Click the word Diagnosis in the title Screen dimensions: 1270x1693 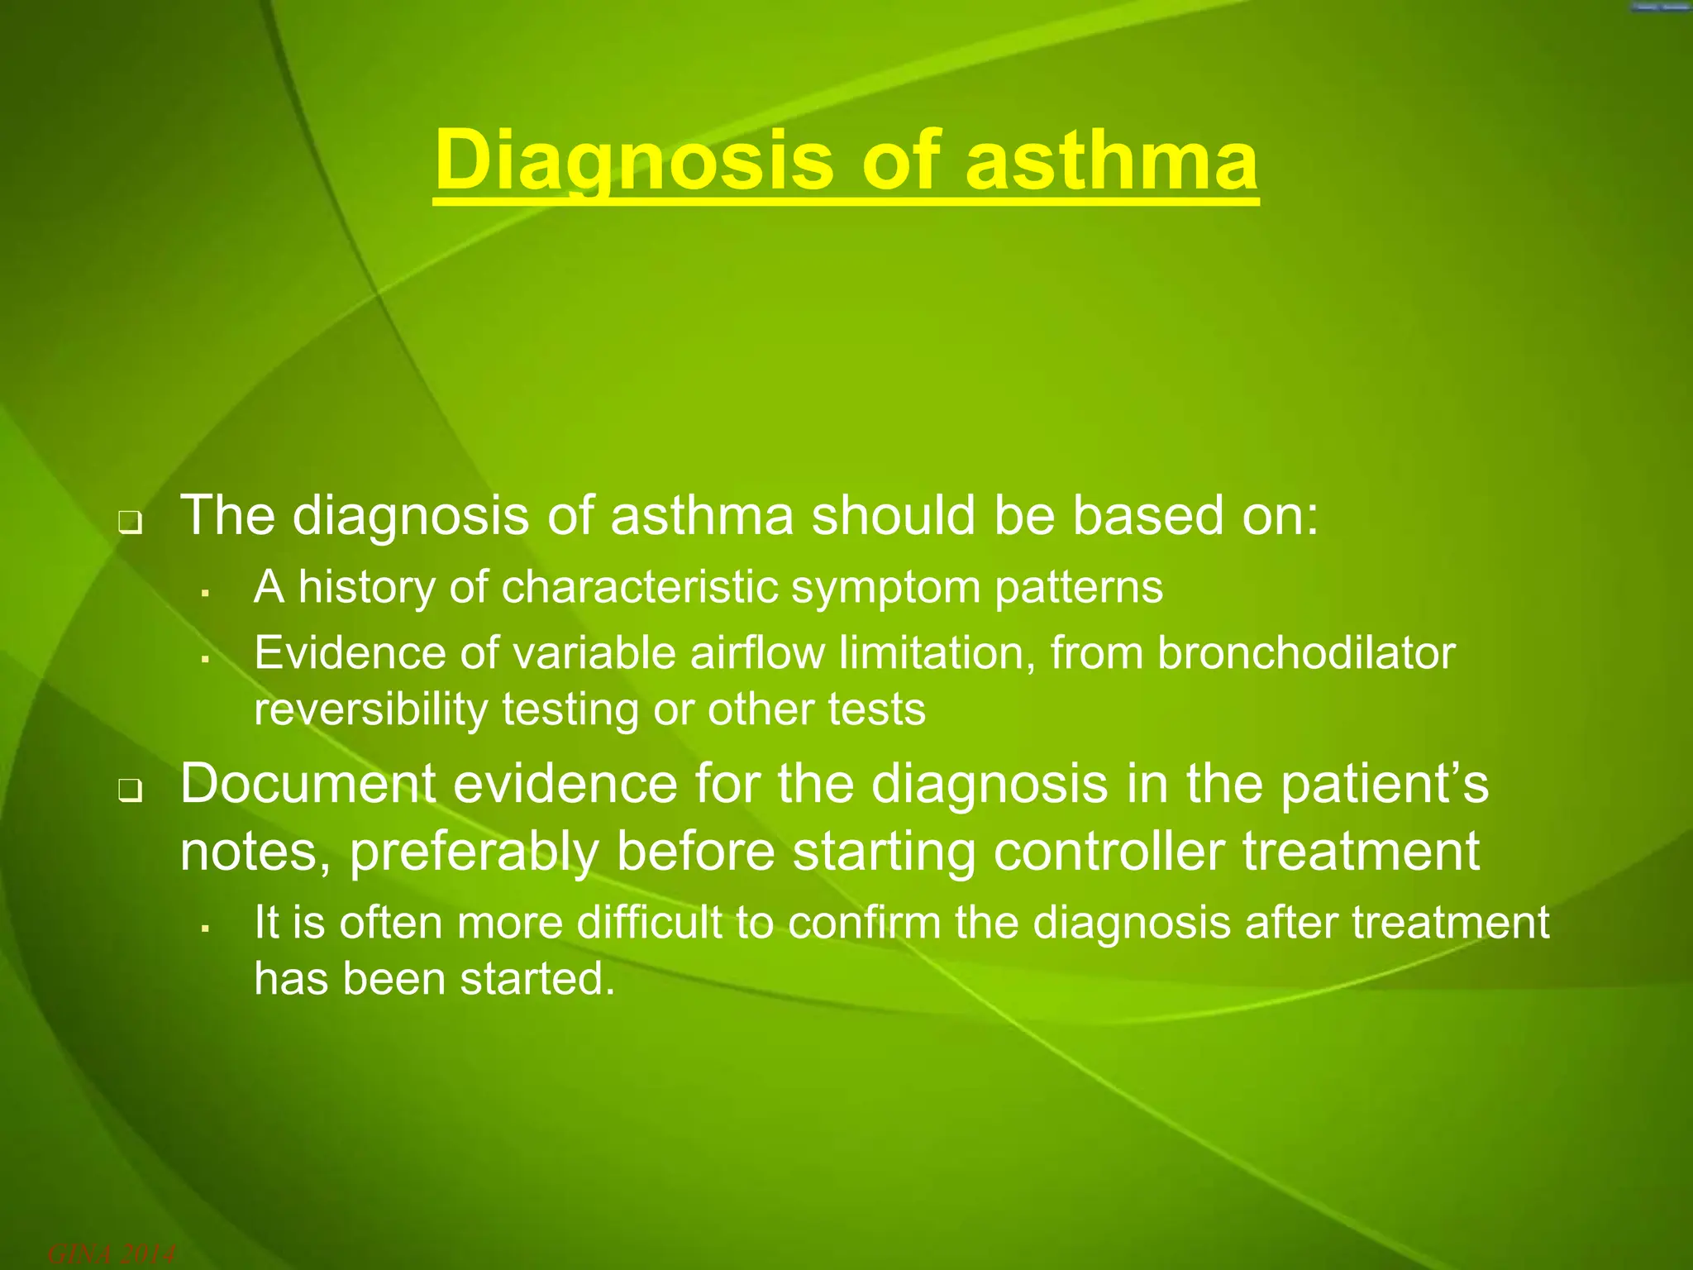click(x=632, y=160)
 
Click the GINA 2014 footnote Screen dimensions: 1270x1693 click(x=111, y=1255)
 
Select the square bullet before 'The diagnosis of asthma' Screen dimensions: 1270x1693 click(x=130, y=523)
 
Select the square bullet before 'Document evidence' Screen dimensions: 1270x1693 click(x=130, y=792)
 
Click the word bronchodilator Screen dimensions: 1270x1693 click(x=1305, y=653)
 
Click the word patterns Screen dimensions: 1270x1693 click(x=1078, y=588)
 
